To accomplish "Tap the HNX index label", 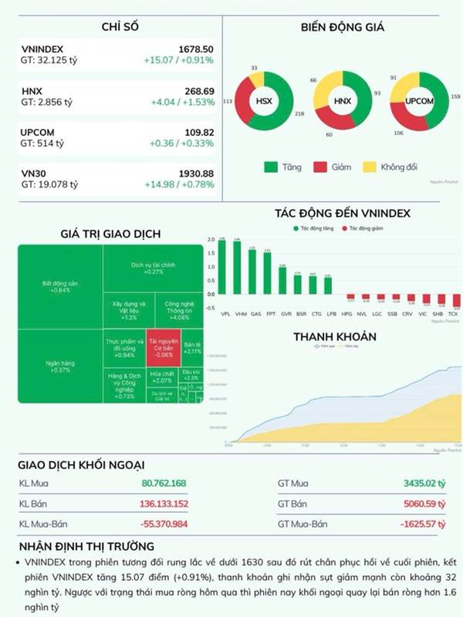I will (32, 90).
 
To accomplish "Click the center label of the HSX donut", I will (264, 101).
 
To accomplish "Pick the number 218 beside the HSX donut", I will (299, 136).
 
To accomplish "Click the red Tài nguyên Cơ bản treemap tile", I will (163, 349).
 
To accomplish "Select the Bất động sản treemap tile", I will (60, 286).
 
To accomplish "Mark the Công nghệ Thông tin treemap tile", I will (177, 311).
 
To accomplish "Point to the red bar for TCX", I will (455, 302).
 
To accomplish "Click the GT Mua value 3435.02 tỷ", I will (424, 484).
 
